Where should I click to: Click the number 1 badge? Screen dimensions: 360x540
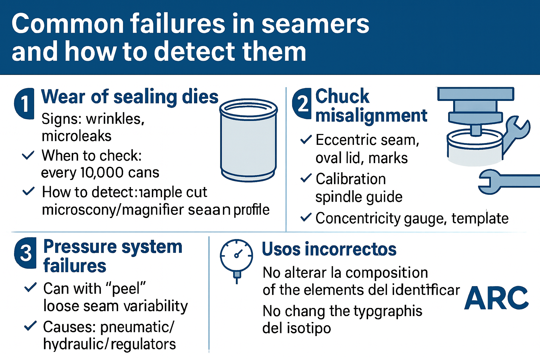click(24, 104)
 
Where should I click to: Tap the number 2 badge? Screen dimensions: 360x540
click(302, 104)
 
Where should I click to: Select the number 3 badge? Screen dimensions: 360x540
click(25, 253)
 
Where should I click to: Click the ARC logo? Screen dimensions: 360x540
click(496, 298)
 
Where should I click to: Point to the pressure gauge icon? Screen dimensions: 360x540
click(236, 257)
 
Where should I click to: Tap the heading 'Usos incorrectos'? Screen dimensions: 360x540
click(329, 249)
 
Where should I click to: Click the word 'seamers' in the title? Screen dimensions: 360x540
click(315, 24)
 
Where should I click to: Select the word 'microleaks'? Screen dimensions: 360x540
click(76, 136)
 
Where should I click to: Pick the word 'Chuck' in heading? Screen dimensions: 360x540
click(342, 96)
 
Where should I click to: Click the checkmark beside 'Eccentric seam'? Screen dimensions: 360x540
click(306, 140)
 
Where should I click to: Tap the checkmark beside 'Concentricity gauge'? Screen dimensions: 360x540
click(306, 218)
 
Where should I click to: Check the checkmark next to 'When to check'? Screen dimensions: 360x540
click(28, 155)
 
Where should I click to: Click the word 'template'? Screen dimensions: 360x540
click(480, 218)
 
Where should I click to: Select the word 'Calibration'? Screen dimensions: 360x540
click(351, 179)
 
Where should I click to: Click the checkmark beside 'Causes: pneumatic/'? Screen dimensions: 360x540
click(30, 326)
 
